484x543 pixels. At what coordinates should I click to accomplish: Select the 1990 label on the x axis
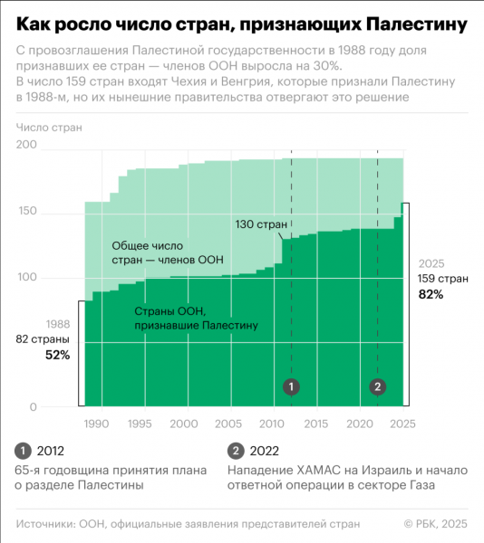[x=97, y=424]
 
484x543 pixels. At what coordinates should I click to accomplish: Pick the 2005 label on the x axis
[x=229, y=424]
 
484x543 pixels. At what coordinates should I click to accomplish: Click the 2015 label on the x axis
[x=316, y=424]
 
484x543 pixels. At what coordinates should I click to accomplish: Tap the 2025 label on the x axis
[x=402, y=424]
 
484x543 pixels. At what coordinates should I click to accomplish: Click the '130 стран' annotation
[x=262, y=224]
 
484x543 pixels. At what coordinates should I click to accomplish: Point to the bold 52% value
[x=57, y=355]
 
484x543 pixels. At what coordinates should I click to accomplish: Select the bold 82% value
[x=431, y=294]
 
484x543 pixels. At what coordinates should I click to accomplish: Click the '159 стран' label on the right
[x=442, y=279]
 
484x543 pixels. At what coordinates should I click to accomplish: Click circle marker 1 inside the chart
[x=291, y=386]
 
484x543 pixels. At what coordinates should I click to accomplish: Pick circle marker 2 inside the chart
[x=378, y=386]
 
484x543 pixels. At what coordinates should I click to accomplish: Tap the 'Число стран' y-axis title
[x=48, y=128]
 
